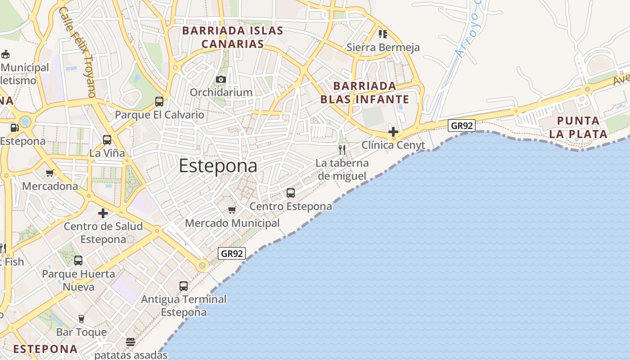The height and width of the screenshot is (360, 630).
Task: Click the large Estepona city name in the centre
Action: point(218,166)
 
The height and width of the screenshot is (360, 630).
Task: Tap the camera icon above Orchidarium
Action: point(220,80)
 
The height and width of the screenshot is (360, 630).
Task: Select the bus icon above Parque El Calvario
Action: point(159,102)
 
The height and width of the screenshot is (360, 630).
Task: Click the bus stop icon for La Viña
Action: point(107,140)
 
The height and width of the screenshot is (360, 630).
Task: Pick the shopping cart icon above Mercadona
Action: point(50,173)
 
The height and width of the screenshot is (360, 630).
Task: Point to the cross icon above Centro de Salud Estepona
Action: point(103,213)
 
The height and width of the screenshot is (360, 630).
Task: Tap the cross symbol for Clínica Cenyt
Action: point(393,132)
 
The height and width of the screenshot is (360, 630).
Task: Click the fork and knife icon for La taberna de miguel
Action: point(342,150)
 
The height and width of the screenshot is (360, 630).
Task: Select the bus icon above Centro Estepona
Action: point(291,193)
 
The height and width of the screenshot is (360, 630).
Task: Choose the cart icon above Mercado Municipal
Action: point(232,210)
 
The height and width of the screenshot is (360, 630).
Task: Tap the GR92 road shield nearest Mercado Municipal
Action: point(232,253)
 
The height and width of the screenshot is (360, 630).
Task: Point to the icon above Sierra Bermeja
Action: point(383,34)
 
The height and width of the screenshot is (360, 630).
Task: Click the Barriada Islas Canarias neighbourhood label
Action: point(232,37)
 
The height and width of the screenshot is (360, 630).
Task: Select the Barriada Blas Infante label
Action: point(364,93)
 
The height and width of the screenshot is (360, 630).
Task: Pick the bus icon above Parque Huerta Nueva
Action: point(78,261)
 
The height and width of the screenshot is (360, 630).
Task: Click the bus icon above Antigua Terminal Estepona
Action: point(184,286)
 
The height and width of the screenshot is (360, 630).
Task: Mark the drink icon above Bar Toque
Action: point(81,319)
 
